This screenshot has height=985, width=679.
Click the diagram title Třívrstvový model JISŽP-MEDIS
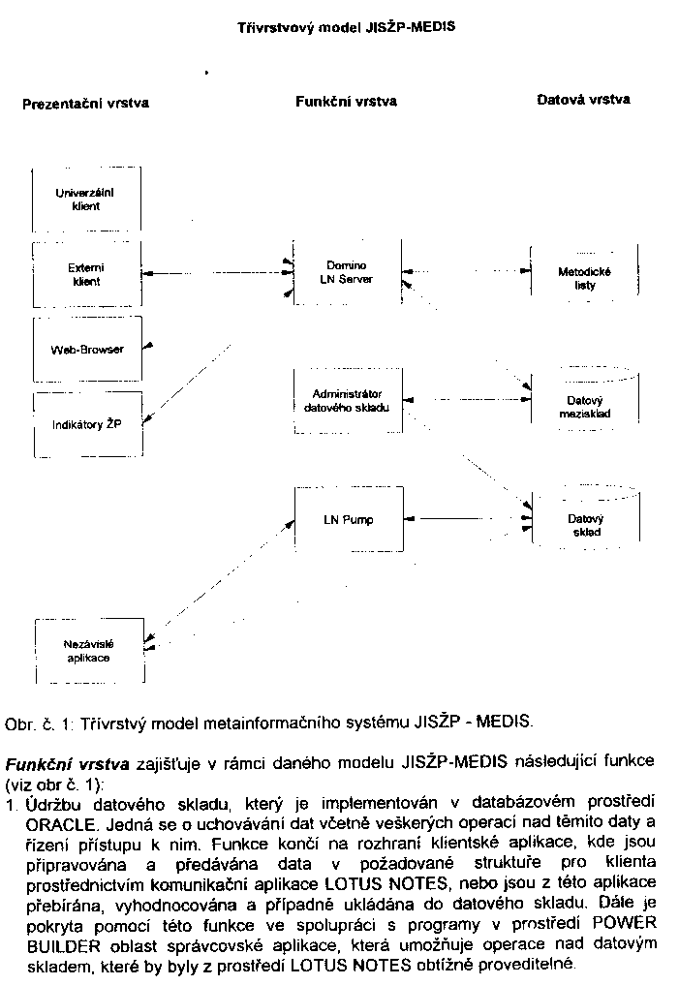coord(346,28)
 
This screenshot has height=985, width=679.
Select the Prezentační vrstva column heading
coord(85,102)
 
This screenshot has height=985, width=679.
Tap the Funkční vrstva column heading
coord(345,101)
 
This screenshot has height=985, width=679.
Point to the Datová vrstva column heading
coord(583,99)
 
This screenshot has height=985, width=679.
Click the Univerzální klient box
coord(87,200)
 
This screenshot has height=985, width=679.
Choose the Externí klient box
coord(87,274)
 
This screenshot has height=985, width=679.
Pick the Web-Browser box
coord(87,349)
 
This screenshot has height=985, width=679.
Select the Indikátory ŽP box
coord(87,424)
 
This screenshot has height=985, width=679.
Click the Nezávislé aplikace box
coord(87,651)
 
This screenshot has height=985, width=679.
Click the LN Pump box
coord(347,520)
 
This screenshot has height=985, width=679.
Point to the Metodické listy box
coord(584,279)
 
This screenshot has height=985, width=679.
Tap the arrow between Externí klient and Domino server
coord(215,274)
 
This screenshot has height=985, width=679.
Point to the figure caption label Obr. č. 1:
coord(38,723)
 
